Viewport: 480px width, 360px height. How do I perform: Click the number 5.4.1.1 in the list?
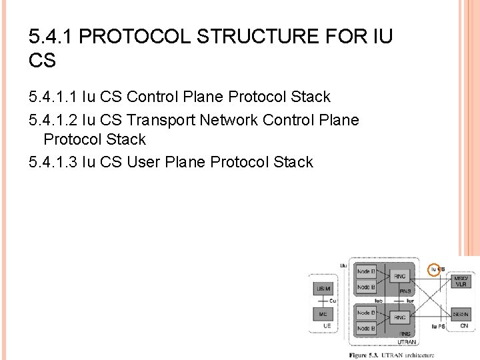tap(53, 97)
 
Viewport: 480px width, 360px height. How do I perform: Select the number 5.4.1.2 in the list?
tap(53, 120)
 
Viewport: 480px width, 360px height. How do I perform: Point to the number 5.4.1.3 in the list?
tap(53, 162)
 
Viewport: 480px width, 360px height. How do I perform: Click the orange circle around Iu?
tap(434, 269)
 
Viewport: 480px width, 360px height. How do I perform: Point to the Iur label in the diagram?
tap(411, 301)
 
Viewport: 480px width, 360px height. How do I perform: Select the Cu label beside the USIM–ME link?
tap(333, 301)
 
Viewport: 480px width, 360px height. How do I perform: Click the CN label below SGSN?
tap(464, 326)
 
